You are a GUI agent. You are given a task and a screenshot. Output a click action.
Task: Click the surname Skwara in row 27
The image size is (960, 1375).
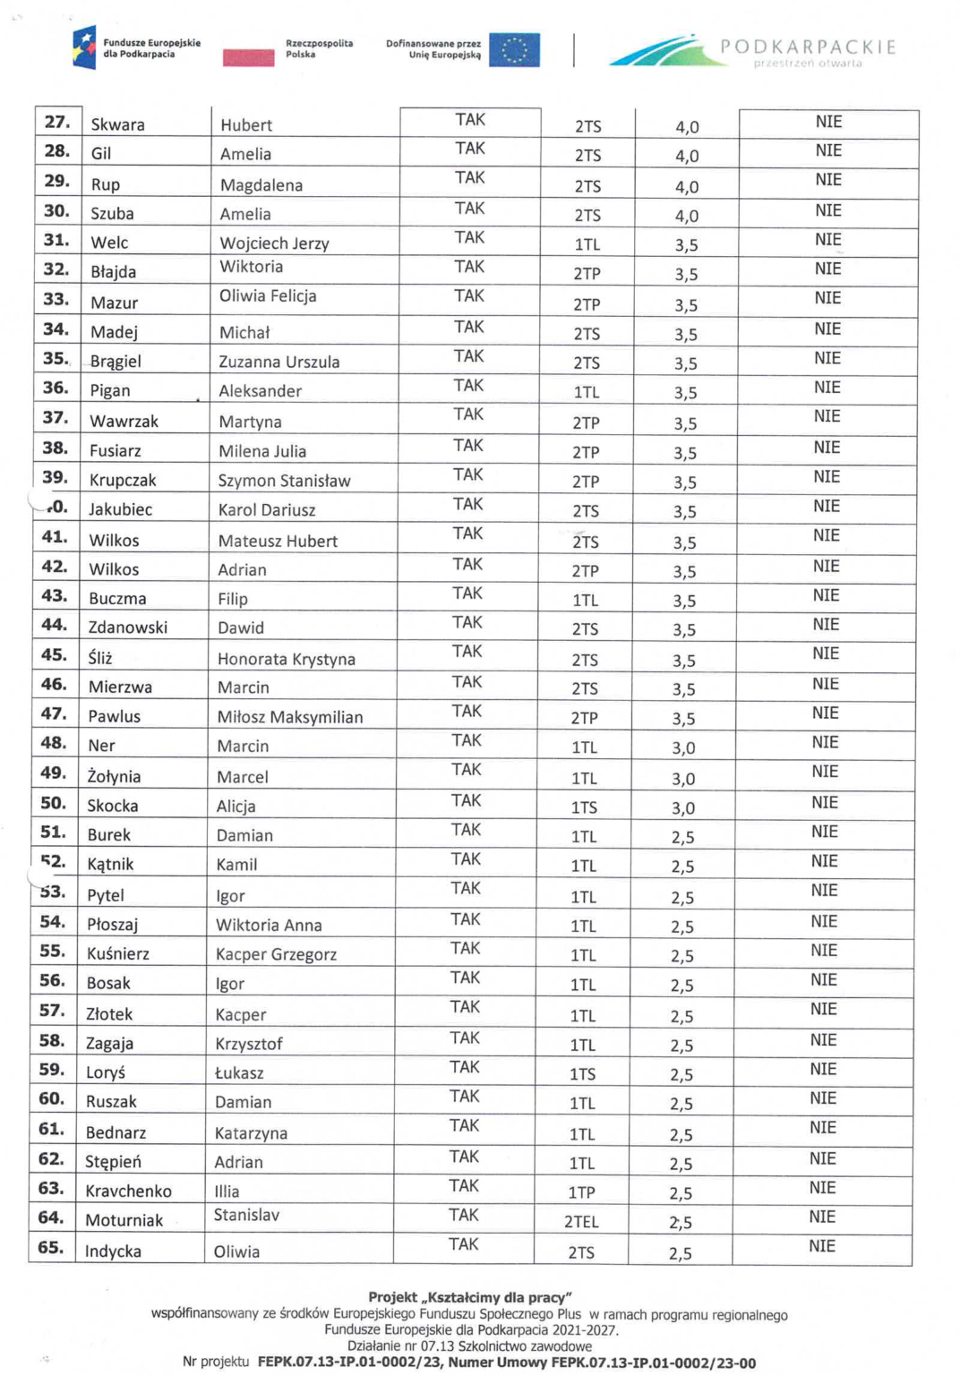[x=117, y=124]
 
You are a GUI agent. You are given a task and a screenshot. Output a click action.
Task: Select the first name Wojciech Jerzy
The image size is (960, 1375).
[x=274, y=243]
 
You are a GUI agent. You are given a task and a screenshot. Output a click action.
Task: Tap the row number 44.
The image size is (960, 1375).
[x=54, y=625]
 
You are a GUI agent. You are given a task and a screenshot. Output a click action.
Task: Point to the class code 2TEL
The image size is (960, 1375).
[x=581, y=1222]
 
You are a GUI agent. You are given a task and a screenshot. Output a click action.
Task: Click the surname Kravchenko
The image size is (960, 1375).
[x=128, y=1191]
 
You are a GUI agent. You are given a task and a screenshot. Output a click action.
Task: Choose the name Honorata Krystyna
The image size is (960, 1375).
[x=286, y=659]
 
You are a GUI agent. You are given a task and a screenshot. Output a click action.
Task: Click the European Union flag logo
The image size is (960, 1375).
[x=514, y=50]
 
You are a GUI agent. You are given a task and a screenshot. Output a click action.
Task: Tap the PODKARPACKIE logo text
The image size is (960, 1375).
[x=807, y=47]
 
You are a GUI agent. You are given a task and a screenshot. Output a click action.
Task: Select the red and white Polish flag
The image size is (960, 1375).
[x=248, y=56]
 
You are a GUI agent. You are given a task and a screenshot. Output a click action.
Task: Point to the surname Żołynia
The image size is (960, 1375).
[x=114, y=777]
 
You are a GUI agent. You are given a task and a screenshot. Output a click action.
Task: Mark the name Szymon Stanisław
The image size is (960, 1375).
[x=284, y=481]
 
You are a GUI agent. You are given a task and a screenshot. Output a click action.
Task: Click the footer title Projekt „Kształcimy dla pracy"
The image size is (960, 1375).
[x=469, y=1297]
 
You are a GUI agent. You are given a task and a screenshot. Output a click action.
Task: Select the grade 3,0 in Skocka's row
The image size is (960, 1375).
[x=683, y=808]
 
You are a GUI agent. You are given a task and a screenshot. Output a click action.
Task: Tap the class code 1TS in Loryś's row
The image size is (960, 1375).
[x=583, y=1074]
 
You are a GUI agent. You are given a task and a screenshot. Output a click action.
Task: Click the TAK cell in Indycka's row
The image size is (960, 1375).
[x=463, y=1244]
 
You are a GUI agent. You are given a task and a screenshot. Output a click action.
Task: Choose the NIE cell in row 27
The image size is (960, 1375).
[x=828, y=122]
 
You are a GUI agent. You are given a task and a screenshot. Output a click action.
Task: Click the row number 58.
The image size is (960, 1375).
[x=52, y=1040]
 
